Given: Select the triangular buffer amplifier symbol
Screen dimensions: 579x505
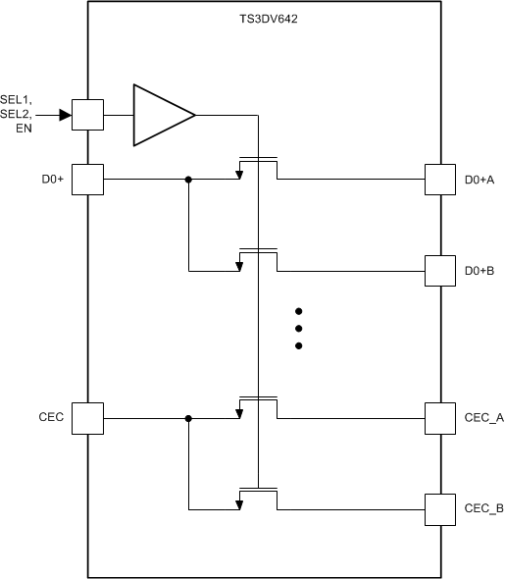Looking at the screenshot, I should pos(160,115).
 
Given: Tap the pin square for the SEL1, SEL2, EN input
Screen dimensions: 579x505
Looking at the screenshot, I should pos(87,115).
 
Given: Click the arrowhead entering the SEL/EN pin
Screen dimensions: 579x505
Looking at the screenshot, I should pos(65,115).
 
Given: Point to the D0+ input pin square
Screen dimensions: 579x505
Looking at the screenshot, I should pos(87,180).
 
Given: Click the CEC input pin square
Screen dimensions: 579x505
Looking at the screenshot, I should pos(87,418).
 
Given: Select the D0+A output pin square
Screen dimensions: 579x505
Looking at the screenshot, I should pos(439,180).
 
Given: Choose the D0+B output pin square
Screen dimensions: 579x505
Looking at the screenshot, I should pos(439,271).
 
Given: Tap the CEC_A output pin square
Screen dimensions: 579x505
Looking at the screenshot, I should pos(439,418).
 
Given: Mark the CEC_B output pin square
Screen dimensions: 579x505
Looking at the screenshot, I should pos(439,508).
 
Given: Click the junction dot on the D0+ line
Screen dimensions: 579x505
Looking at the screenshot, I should pos(188,180).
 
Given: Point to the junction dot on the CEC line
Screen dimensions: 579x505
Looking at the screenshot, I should pos(188,418).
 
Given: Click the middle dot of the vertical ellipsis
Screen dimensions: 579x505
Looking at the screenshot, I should pos(298,328).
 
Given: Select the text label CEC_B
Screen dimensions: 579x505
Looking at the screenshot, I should pos(483,508).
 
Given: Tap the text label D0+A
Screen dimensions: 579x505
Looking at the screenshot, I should pos(480,180).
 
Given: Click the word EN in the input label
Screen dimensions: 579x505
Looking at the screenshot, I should pos(36,129).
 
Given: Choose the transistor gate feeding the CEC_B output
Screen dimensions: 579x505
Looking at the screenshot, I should pos(258,489).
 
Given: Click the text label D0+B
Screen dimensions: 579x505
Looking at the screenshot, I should pos(480,271).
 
